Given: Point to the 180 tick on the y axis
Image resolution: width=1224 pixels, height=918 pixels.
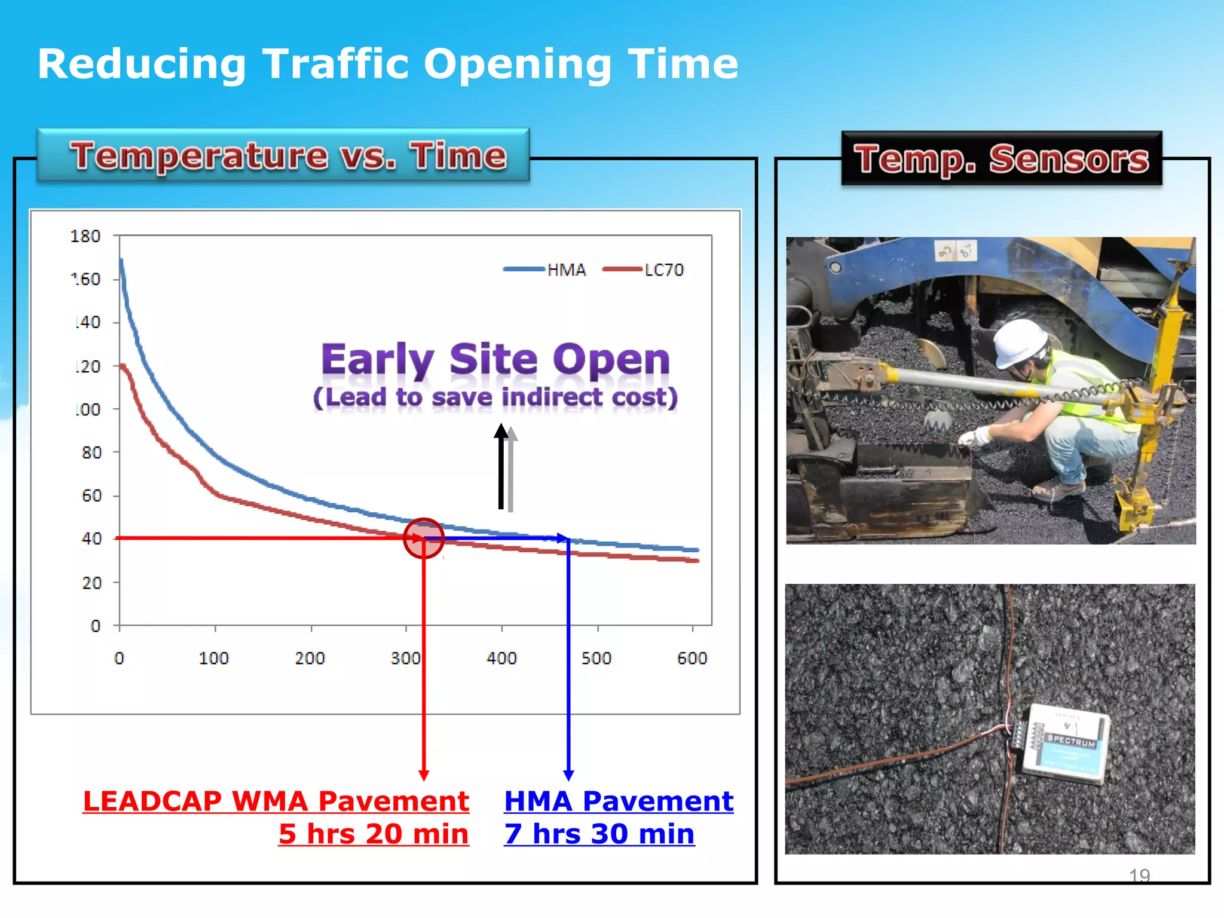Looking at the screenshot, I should [x=85, y=236].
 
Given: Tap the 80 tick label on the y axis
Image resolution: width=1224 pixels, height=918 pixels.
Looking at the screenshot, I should [x=91, y=452].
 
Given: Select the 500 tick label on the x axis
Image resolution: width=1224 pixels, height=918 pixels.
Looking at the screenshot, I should [x=596, y=658].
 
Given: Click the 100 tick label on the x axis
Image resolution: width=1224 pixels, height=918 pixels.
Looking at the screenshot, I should [x=214, y=658].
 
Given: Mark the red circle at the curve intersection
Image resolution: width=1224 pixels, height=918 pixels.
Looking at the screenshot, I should [x=423, y=538].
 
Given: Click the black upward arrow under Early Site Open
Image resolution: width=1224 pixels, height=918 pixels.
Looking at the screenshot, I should [x=501, y=466].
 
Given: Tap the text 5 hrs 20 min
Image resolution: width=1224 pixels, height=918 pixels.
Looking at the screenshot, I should [x=374, y=834].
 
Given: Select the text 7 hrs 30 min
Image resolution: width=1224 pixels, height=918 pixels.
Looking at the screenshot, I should [x=599, y=834].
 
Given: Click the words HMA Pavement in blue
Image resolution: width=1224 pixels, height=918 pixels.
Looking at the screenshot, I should [x=619, y=801].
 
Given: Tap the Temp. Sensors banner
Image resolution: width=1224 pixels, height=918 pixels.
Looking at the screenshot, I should [x=1001, y=159].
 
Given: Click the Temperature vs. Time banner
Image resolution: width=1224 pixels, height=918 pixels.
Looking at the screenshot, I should [x=284, y=155].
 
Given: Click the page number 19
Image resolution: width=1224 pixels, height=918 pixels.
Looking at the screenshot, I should [x=1139, y=876].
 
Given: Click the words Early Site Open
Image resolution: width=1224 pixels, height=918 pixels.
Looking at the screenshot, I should [x=495, y=360].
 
